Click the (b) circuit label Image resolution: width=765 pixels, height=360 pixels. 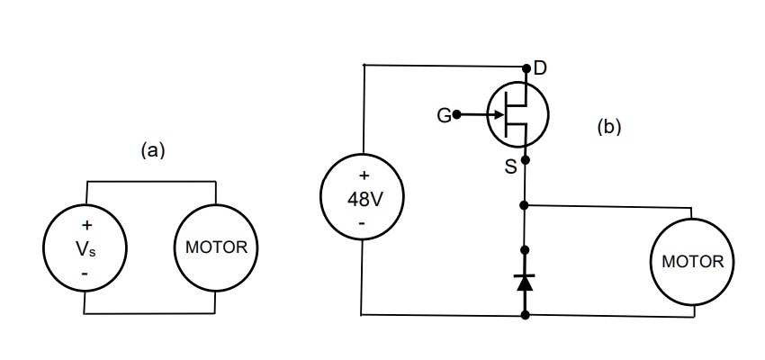pos(609,128)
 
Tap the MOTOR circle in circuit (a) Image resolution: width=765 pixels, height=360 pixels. pos(216,248)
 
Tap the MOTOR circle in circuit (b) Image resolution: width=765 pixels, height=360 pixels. pos(691,262)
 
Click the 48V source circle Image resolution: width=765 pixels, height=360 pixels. pos(364,198)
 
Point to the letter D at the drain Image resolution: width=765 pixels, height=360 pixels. pos(541,68)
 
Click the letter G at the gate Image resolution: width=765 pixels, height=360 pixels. pos(443,115)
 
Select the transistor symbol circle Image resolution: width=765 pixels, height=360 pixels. pos(517,115)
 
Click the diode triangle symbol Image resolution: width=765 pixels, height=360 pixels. pos(526,282)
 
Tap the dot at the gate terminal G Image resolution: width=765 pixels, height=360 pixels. pos(457,115)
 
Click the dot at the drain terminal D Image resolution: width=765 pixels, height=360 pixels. pos(526,67)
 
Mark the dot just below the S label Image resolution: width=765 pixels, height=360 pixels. pos(526,160)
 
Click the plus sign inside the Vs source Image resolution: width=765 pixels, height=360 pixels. pos(86,225)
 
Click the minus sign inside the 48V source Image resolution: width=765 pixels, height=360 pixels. pos(362,221)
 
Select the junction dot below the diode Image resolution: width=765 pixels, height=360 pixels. pos(526,315)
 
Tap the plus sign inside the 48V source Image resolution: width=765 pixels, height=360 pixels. pos(364,175)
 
